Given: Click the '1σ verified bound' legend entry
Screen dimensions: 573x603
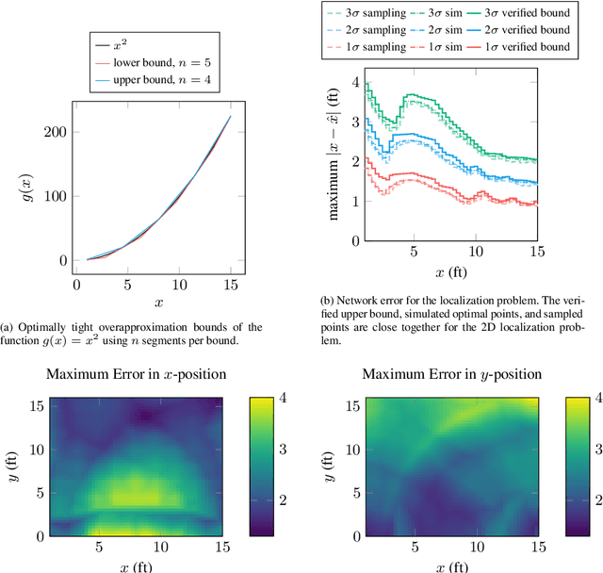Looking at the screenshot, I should tap(524, 46).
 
